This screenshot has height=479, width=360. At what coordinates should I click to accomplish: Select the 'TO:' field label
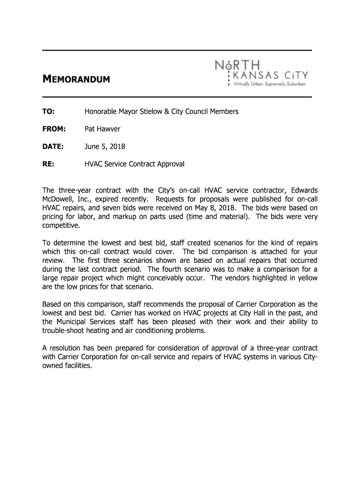tap(49, 111)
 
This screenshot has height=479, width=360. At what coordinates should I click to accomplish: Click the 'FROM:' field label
tap(54, 129)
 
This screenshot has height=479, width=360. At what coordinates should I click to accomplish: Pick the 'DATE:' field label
tap(54, 146)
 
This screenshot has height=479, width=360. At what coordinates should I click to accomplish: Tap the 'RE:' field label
tap(49, 164)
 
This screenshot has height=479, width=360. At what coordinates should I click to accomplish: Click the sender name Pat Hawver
tap(102, 129)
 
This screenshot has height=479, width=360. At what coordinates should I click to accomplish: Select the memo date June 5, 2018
tap(104, 146)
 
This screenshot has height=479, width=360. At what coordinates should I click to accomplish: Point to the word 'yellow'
tap(306, 278)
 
